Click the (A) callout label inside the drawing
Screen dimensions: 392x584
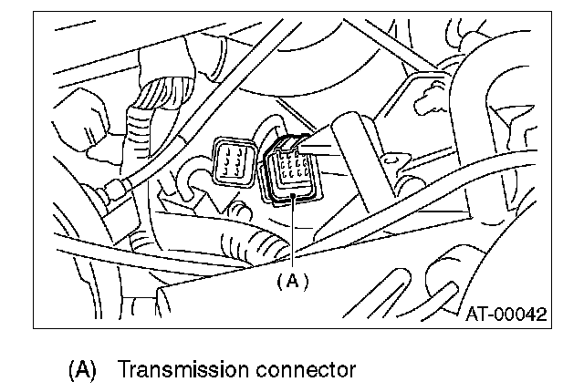click(x=292, y=281)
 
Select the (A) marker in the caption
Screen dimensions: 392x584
click(x=81, y=370)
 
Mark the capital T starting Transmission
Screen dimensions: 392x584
click(x=124, y=370)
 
